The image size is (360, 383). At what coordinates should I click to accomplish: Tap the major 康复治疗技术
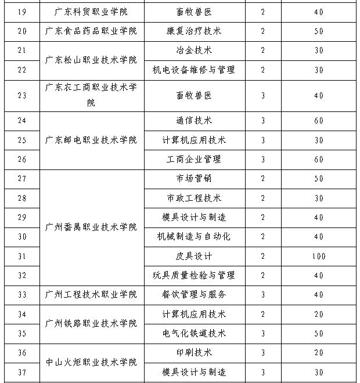pos(193,31)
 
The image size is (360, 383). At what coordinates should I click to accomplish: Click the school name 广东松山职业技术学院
pos(91,60)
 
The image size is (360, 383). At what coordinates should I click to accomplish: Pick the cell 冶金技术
pos(193,50)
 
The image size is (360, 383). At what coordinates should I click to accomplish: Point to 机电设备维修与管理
pos(193,70)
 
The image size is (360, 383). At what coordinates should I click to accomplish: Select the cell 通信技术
pos(193,121)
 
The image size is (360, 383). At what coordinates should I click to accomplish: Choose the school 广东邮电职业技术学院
pos(91,140)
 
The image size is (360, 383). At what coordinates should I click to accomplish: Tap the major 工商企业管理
pos(193,159)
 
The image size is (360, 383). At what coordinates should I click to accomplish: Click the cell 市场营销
pos(193,179)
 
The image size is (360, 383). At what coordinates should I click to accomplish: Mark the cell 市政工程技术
pos(193,198)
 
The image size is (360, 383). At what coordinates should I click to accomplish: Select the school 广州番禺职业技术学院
pos(91,226)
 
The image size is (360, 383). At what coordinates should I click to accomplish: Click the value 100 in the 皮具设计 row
pos(318,256)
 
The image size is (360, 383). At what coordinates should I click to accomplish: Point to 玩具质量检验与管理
pos(193,275)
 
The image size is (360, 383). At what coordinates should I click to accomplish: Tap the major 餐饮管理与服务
pos(193,295)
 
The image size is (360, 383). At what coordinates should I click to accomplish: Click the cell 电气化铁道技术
pos(193,334)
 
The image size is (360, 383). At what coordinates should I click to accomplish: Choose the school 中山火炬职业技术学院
pos(91,362)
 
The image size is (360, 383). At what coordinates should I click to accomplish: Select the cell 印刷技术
pos(193,353)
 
